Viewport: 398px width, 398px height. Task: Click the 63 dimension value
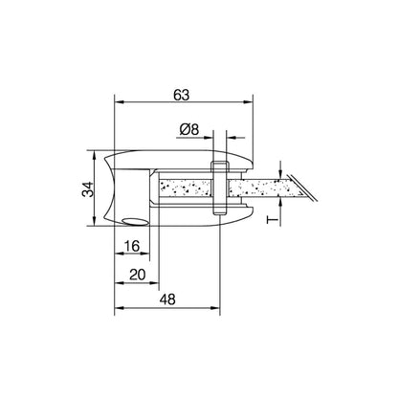[x=181, y=95]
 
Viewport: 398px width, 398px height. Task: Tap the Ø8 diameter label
[x=189, y=129]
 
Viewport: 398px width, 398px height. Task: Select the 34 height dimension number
[x=88, y=189]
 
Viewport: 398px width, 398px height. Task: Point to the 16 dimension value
[x=132, y=246]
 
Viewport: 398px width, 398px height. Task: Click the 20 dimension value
[x=138, y=275]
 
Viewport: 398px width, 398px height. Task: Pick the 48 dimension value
[x=167, y=299]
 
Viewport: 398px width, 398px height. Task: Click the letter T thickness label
[x=272, y=220]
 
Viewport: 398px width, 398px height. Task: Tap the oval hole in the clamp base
[x=135, y=222]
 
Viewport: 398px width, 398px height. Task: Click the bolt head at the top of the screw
[x=220, y=166]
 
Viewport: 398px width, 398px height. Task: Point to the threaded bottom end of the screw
[x=220, y=210]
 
